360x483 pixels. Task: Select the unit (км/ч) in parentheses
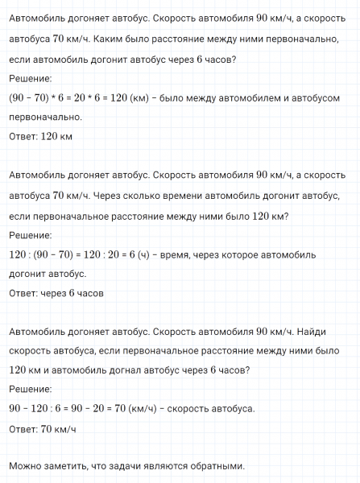[x=183, y=409]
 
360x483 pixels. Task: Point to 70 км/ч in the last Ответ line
[x=57, y=429]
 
